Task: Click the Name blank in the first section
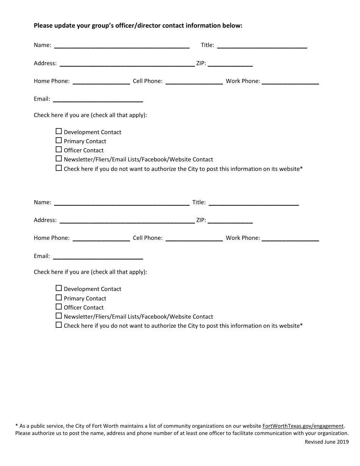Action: (122, 45)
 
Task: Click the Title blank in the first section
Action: (262, 45)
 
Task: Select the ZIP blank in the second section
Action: (230, 220)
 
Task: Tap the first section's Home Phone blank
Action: (101, 81)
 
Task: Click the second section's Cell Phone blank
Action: (194, 238)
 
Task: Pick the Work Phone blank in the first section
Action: (290, 81)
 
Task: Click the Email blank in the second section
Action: (98, 256)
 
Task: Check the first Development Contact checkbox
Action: (59, 131)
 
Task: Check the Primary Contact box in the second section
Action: (59, 298)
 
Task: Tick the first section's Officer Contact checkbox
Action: (59, 150)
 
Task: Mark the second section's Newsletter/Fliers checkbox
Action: (59, 316)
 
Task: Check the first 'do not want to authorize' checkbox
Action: (59, 168)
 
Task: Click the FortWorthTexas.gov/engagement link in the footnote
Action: (303, 426)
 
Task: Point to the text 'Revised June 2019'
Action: (327, 442)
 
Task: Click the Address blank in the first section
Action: (127, 64)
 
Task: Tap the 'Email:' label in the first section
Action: (42, 99)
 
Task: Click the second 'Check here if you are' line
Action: (90, 272)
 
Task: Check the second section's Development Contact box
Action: (59, 288)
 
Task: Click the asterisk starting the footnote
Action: (17, 426)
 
